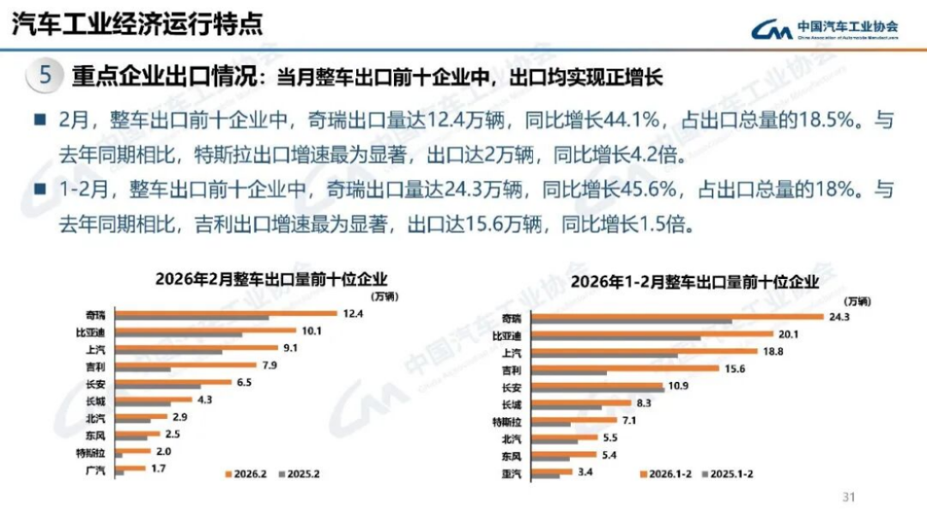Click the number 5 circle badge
click(x=45, y=76)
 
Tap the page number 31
click(x=850, y=497)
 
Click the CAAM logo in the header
click(x=825, y=29)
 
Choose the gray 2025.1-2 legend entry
click(x=729, y=473)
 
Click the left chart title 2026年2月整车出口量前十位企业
click(x=271, y=278)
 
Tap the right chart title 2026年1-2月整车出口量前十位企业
click(x=694, y=282)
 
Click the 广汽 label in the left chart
click(x=96, y=470)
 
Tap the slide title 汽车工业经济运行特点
click(x=136, y=25)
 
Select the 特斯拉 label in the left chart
click(x=91, y=451)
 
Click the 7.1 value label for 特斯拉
click(x=630, y=421)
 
